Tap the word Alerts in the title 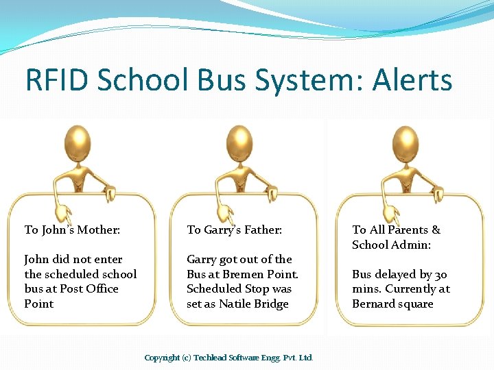click(412, 80)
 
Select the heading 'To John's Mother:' click(72, 230)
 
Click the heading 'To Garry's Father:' click(234, 230)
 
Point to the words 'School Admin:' click(391, 245)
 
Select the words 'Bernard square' click(392, 304)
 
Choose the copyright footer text click(229, 358)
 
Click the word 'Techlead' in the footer click(212, 358)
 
